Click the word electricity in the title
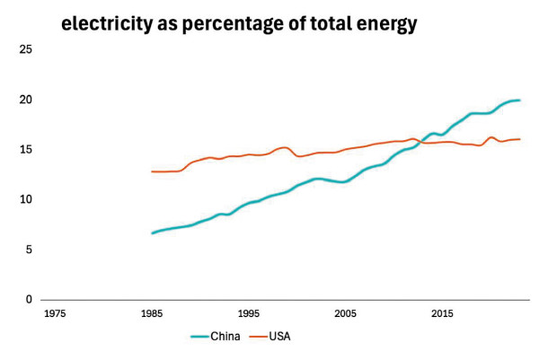click(105, 24)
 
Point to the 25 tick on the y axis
click(26, 49)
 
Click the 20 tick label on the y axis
click(26, 100)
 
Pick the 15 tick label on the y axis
click(26, 149)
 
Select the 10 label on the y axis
click(26, 199)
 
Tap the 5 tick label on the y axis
click(29, 250)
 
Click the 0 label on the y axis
click(29, 299)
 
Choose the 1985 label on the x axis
click(152, 314)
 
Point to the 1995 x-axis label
click(249, 314)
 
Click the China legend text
click(225, 337)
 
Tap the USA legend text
click(279, 337)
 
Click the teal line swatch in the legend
click(199, 337)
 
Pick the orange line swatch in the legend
click(256, 337)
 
